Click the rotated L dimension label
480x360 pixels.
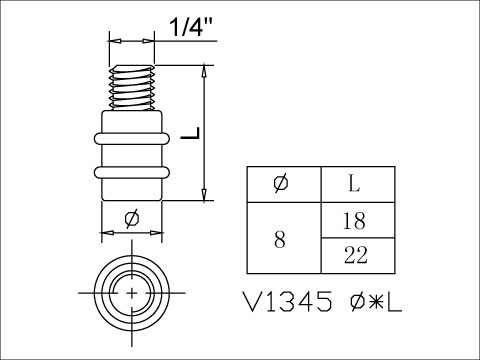click(x=191, y=133)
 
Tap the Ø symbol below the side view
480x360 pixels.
click(x=131, y=219)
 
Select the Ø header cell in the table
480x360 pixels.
click(x=283, y=184)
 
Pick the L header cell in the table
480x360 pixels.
click(x=357, y=184)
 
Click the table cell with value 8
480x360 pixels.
click(x=283, y=238)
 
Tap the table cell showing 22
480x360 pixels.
click(x=357, y=256)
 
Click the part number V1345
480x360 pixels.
click(x=288, y=303)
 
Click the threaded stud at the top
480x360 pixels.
click(x=132, y=87)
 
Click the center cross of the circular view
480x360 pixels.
click(x=132, y=291)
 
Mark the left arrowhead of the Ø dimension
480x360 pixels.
click(x=106, y=233)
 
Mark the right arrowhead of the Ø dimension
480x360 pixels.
click(x=158, y=233)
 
